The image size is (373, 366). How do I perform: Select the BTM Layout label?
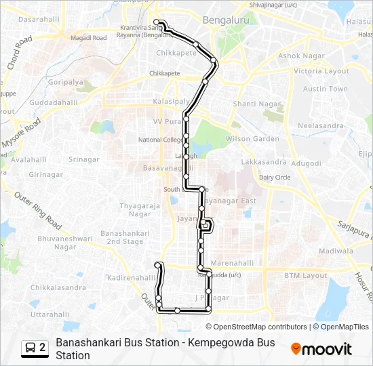click(x=305, y=276)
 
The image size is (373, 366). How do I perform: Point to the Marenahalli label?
click(x=231, y=263)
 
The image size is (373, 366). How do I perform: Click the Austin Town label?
click(x=325, y=89)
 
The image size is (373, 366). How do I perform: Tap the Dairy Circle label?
click(x=274, y=177)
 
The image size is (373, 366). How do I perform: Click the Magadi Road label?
click(x=90, y=38)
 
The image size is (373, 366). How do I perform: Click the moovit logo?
click(x=321, y=349)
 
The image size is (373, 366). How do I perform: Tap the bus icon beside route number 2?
click(x=31, y=348)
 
